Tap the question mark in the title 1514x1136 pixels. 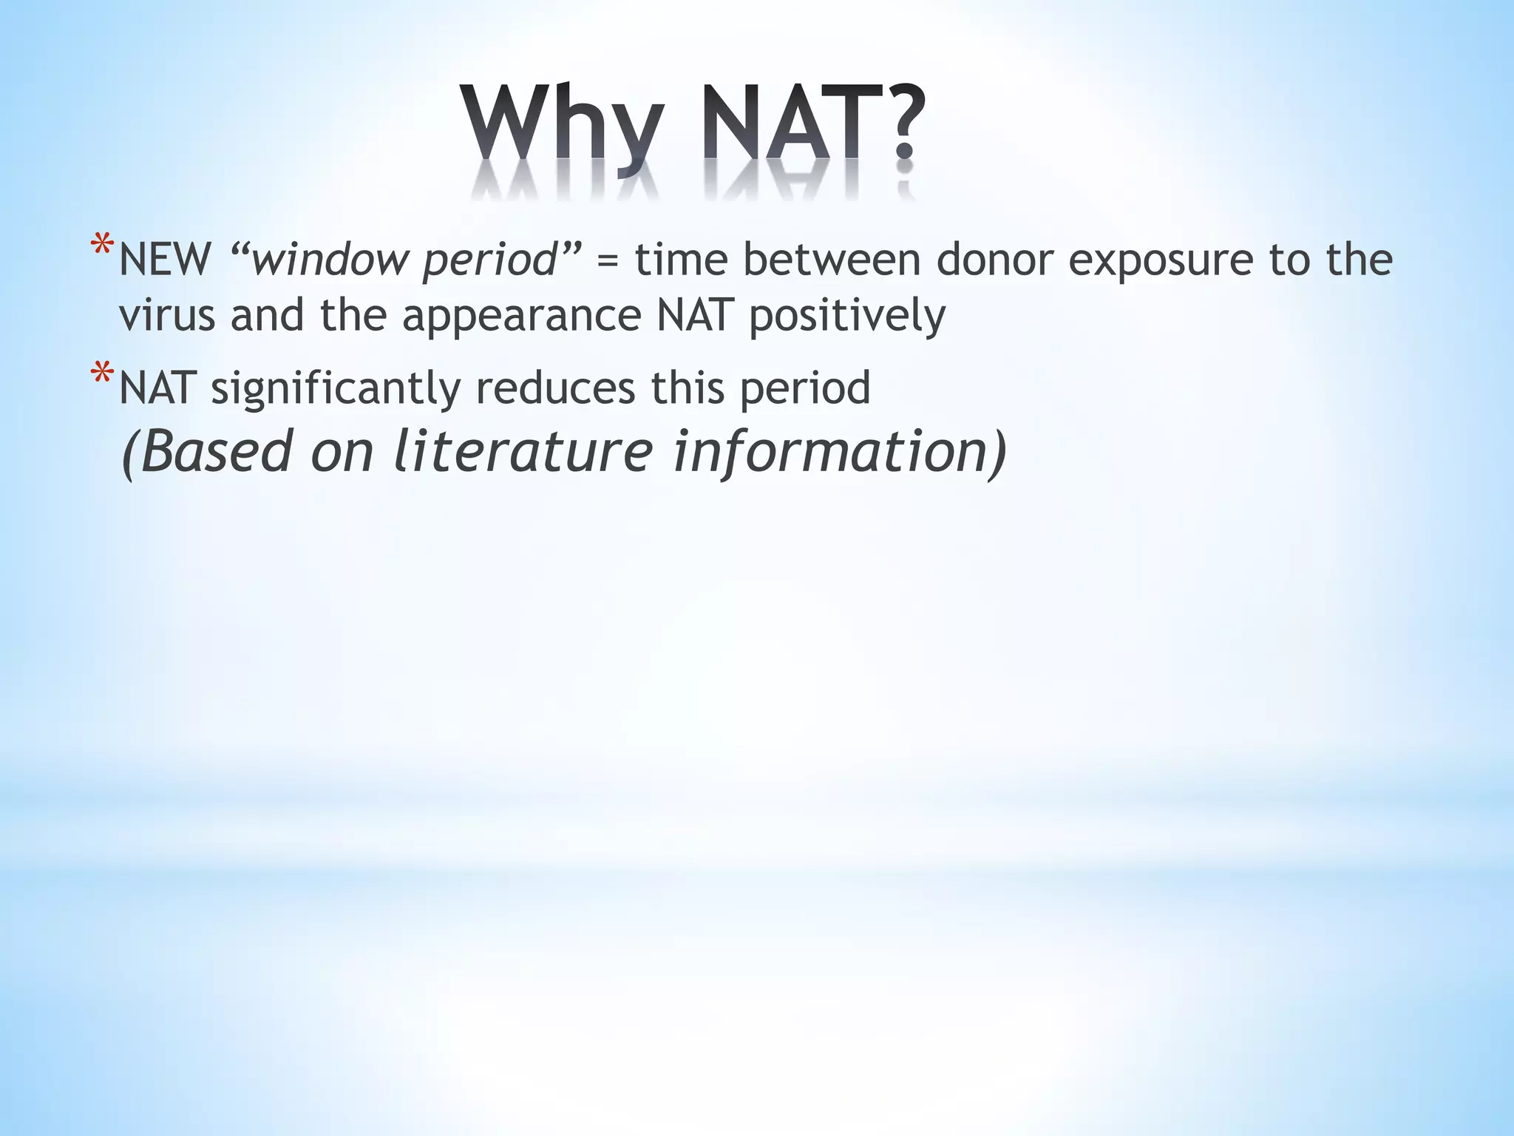[903, 122]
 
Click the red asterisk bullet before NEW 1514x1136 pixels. [101, 247]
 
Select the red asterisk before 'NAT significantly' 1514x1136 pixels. [101, 375]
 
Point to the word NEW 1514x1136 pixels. [165, 260]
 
